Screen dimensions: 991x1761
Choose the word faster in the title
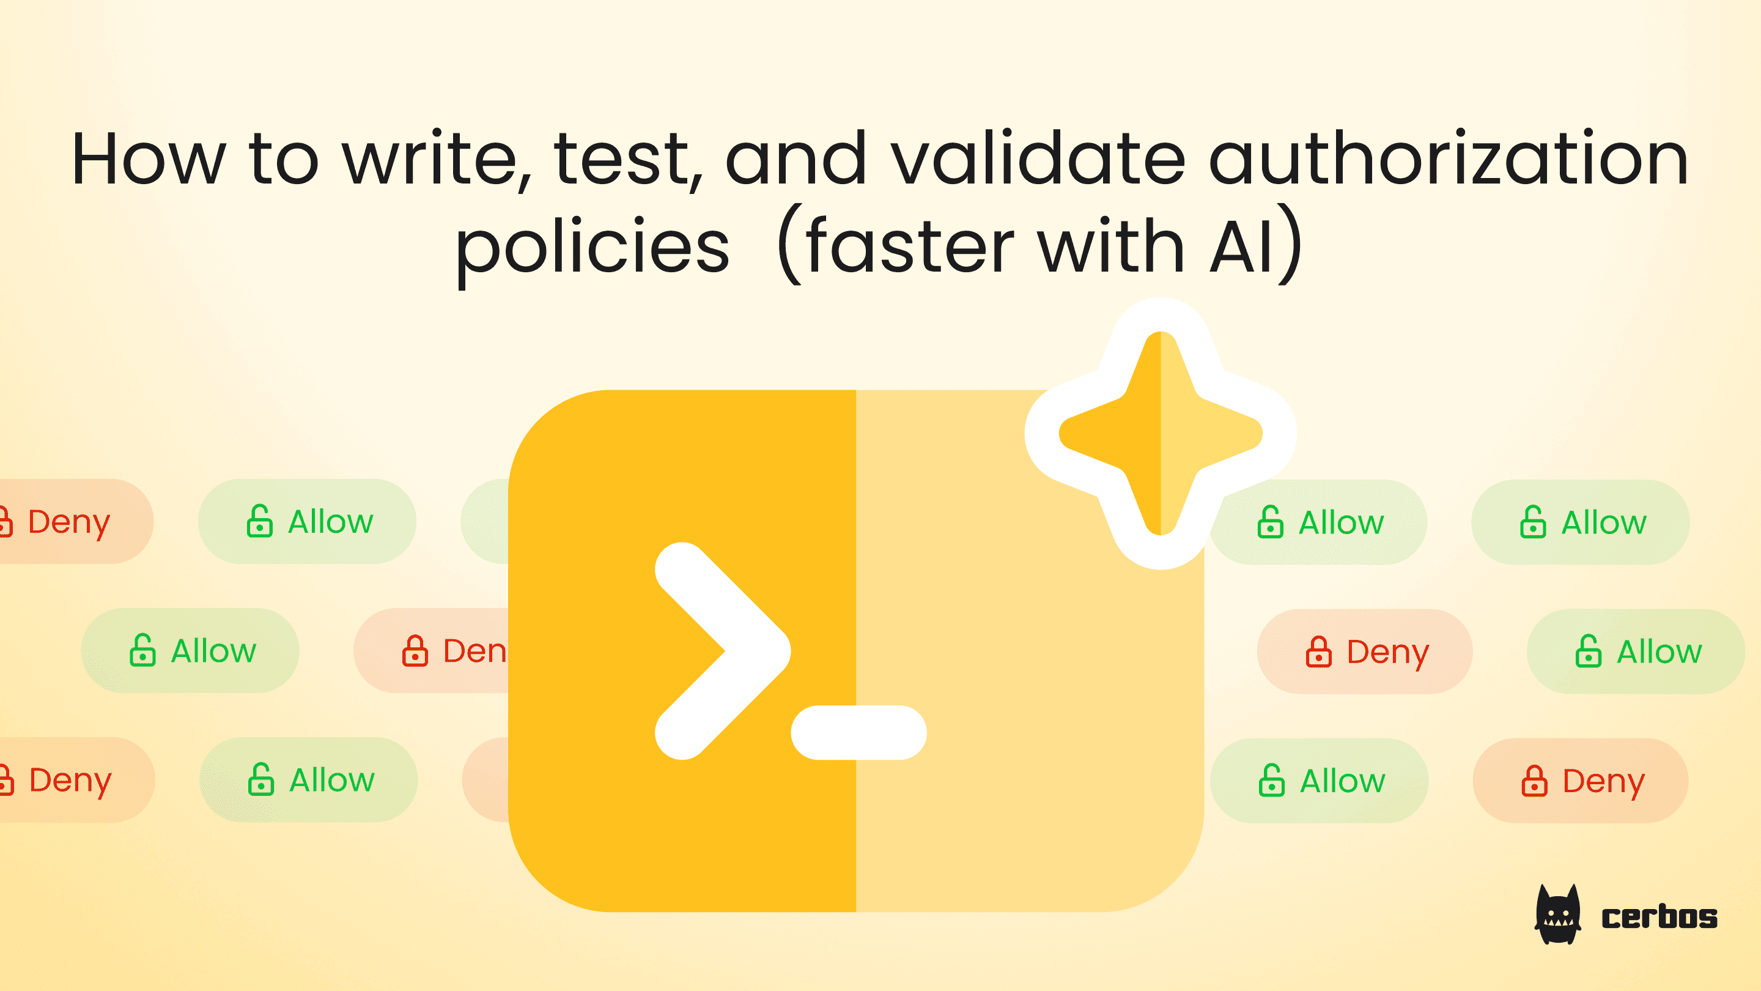pos(909,246)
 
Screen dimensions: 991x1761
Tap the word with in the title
pos(1111,246)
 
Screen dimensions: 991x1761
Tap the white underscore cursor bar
pos(858,732)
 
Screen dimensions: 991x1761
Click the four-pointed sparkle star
pos(1160,433)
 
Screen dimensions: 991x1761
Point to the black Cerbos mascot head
pos(1558,915)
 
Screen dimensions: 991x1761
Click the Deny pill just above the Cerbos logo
pos(1580,781)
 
